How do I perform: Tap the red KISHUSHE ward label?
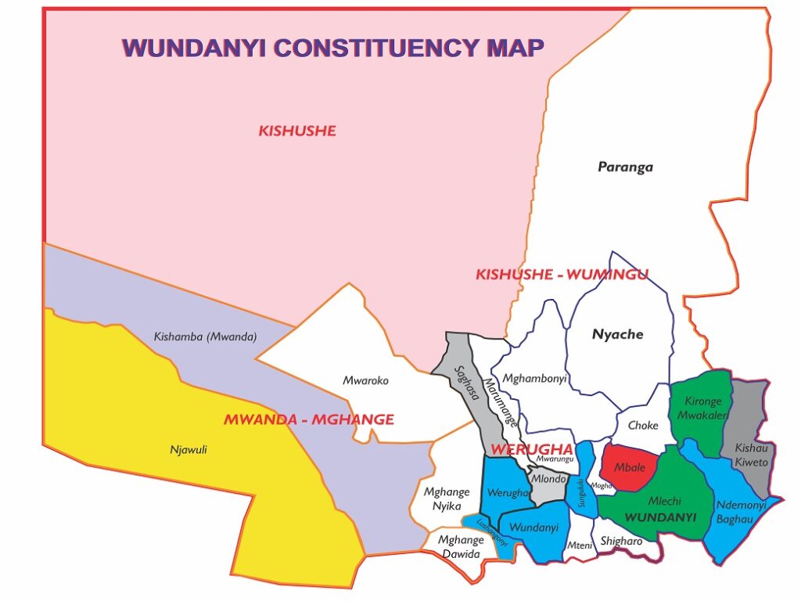[x=297, y=131]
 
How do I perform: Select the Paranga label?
[x=625, y=167]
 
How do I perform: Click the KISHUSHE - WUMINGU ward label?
[x=562, y=274]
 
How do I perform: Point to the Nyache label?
[x=617, y=334]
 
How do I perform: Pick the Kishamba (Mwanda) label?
[x=205, y=337]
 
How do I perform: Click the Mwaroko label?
[x=365, y=380]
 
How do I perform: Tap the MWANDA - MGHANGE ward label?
[x=308, y=419]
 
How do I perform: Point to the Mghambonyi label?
[x=534, y=379]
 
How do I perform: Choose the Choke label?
[x=643, y=426]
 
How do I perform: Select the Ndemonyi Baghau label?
[x=740, y=512]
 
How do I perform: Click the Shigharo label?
[x=621, y=541]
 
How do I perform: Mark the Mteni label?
[x=580, y=545]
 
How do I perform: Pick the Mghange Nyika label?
[x=447, y=498]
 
